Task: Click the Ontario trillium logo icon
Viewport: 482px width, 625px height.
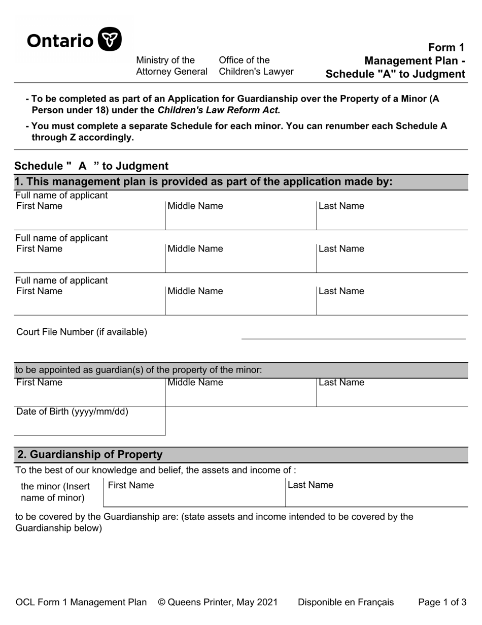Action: coord(109,39)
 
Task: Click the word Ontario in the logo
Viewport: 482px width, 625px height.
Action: coord(60,40)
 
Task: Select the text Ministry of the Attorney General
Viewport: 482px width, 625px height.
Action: coord(171,66)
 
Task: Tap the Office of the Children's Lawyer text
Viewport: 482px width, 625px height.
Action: coord(256,66)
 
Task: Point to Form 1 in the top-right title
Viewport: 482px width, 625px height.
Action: coord(446,47)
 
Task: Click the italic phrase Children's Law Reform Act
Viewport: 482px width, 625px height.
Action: coord(219,110)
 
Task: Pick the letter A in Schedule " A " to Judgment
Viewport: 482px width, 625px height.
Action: coord(82,166)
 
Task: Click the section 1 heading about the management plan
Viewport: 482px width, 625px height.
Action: coord(203,182)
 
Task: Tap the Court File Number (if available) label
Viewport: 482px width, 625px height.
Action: coord(82,332)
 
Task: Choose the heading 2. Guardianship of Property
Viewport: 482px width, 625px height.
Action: coord(90,455)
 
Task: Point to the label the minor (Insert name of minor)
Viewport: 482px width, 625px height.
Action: coord(55,492)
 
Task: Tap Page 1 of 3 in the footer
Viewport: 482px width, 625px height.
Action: coord(442,603)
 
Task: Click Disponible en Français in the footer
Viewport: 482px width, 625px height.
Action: coord(346,603)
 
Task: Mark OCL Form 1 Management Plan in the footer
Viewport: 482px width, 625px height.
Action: coord(81,603)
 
